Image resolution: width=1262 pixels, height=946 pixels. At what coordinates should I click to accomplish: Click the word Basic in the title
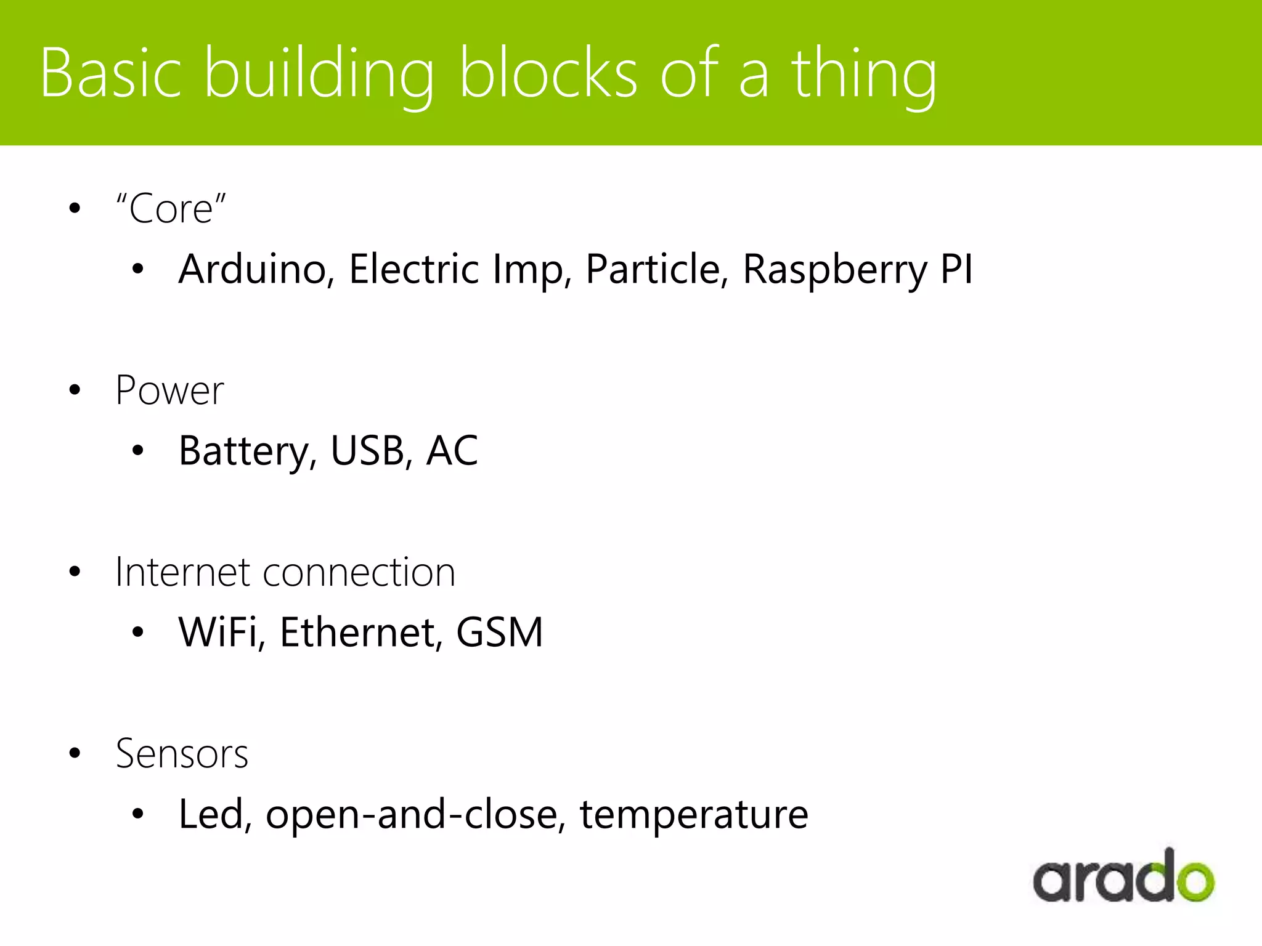[x=111, y=73]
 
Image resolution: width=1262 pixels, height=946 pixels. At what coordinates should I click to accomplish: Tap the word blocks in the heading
[x=548, y=73]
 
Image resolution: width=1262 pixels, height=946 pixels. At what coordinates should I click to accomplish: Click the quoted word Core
[x=171, y=209]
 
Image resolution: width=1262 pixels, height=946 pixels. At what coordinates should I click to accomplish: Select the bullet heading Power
[x=169, y=390]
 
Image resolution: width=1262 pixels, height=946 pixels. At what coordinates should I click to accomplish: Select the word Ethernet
[x=361, y=633]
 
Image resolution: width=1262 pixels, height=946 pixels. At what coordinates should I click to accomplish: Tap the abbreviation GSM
[x=499, y=633]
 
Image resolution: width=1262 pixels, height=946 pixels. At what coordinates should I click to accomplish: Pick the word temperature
[x=694, y=815]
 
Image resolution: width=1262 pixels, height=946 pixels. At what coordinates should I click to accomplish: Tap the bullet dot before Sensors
[x=75, y=753]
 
